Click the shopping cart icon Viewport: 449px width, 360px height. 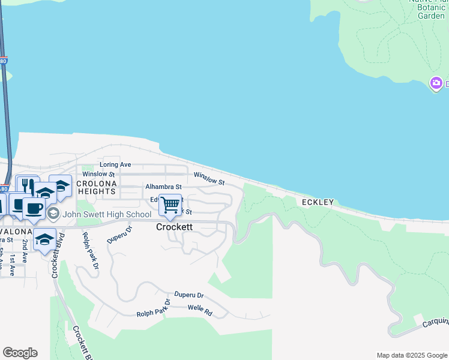tap(170, 205)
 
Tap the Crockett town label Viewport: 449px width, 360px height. tap(174, 227)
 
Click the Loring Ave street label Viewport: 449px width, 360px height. tap(115, 164)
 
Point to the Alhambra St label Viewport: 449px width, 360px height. tap(163, 187)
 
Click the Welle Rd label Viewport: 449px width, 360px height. tap(200, 313)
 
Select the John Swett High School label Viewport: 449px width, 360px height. tap(107, 214)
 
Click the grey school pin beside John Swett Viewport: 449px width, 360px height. tap(53, 214)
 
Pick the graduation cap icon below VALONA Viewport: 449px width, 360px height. tap(44, 239)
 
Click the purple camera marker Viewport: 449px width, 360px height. tap(436, 83)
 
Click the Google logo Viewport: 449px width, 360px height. tap(20, 353)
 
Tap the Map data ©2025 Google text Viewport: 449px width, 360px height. tap(411, 355)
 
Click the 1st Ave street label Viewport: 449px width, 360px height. tap(12, 263)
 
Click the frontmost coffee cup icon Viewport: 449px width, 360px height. tap(34, 208)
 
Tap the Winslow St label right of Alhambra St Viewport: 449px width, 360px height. tap(209, 178)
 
